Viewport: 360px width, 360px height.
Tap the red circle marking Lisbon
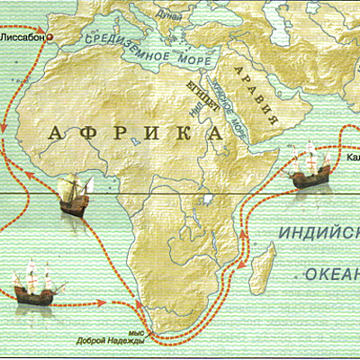click(51, 38)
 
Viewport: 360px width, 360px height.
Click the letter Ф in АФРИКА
click(85, 133)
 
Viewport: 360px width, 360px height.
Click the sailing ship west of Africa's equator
click(75, 193)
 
